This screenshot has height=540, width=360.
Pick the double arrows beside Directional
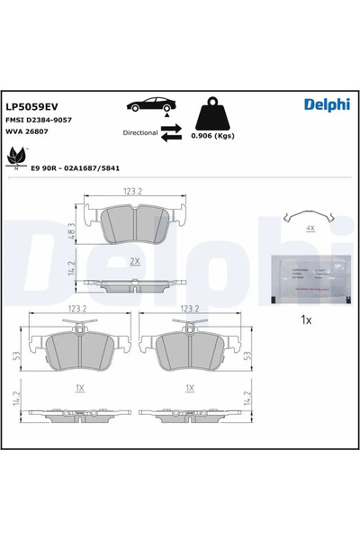171,132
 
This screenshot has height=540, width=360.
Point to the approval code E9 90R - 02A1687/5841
76,168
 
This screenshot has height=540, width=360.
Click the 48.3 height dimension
72,225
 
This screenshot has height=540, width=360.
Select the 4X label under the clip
308,229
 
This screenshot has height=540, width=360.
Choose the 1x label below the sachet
305,319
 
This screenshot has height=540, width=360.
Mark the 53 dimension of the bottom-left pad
15,355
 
